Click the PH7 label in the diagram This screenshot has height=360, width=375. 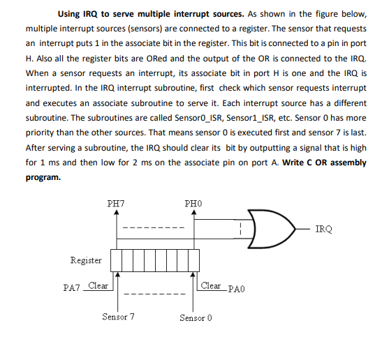(116, 203)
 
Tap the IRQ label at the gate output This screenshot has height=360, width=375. (324, 228)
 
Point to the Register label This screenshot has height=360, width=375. (86, 260)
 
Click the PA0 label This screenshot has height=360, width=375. (235, 287)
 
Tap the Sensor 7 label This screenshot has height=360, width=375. (118, 317)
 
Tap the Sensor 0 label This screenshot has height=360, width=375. (195, 317)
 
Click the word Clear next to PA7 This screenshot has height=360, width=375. (98, 285)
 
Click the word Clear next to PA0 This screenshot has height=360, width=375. (211, 285)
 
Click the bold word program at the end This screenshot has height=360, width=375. (43, 177)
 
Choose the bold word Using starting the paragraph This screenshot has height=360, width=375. (74, 13)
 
